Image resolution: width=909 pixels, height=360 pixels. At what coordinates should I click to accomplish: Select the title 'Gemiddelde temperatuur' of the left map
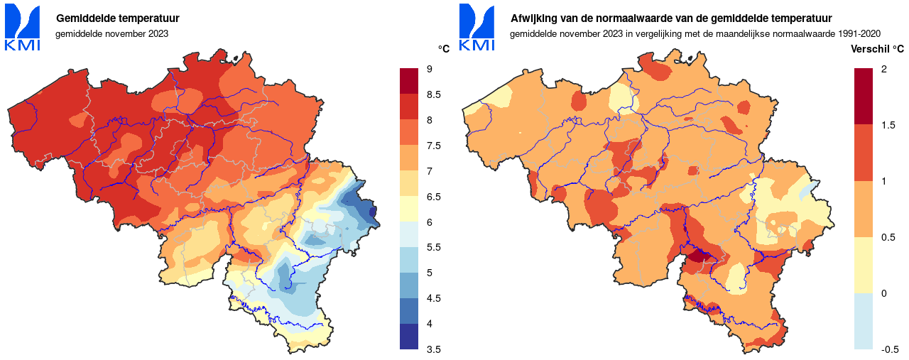click(x=117, y=18)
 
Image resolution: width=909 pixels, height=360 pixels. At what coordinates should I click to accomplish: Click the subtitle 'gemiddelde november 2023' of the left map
click(x=111, y=33)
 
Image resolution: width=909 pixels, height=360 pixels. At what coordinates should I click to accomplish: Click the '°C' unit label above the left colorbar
click(x=444, y=49)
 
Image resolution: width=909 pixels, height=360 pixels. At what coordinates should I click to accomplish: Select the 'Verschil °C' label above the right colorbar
click(x=878, y=49)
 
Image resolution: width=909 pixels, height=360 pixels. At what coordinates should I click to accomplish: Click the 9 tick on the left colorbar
click(x=430, y=69)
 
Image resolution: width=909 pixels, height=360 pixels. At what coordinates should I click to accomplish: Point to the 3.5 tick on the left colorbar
click(x=434, y=349)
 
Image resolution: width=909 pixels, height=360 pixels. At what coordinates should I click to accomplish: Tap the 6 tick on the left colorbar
click(x=430, y=222)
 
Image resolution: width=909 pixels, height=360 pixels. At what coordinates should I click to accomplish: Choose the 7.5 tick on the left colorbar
click(x=434, y=146)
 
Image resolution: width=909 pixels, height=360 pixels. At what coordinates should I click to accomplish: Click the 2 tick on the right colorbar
click(x=883, y=69)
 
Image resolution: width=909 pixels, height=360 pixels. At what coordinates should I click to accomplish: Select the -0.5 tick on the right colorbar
click(x=890, y=349)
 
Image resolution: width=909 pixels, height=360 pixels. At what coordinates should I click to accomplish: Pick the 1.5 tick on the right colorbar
click(x=887, y=125)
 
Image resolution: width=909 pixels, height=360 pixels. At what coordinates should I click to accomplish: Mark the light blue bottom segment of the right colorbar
click(x=863, y=321)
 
